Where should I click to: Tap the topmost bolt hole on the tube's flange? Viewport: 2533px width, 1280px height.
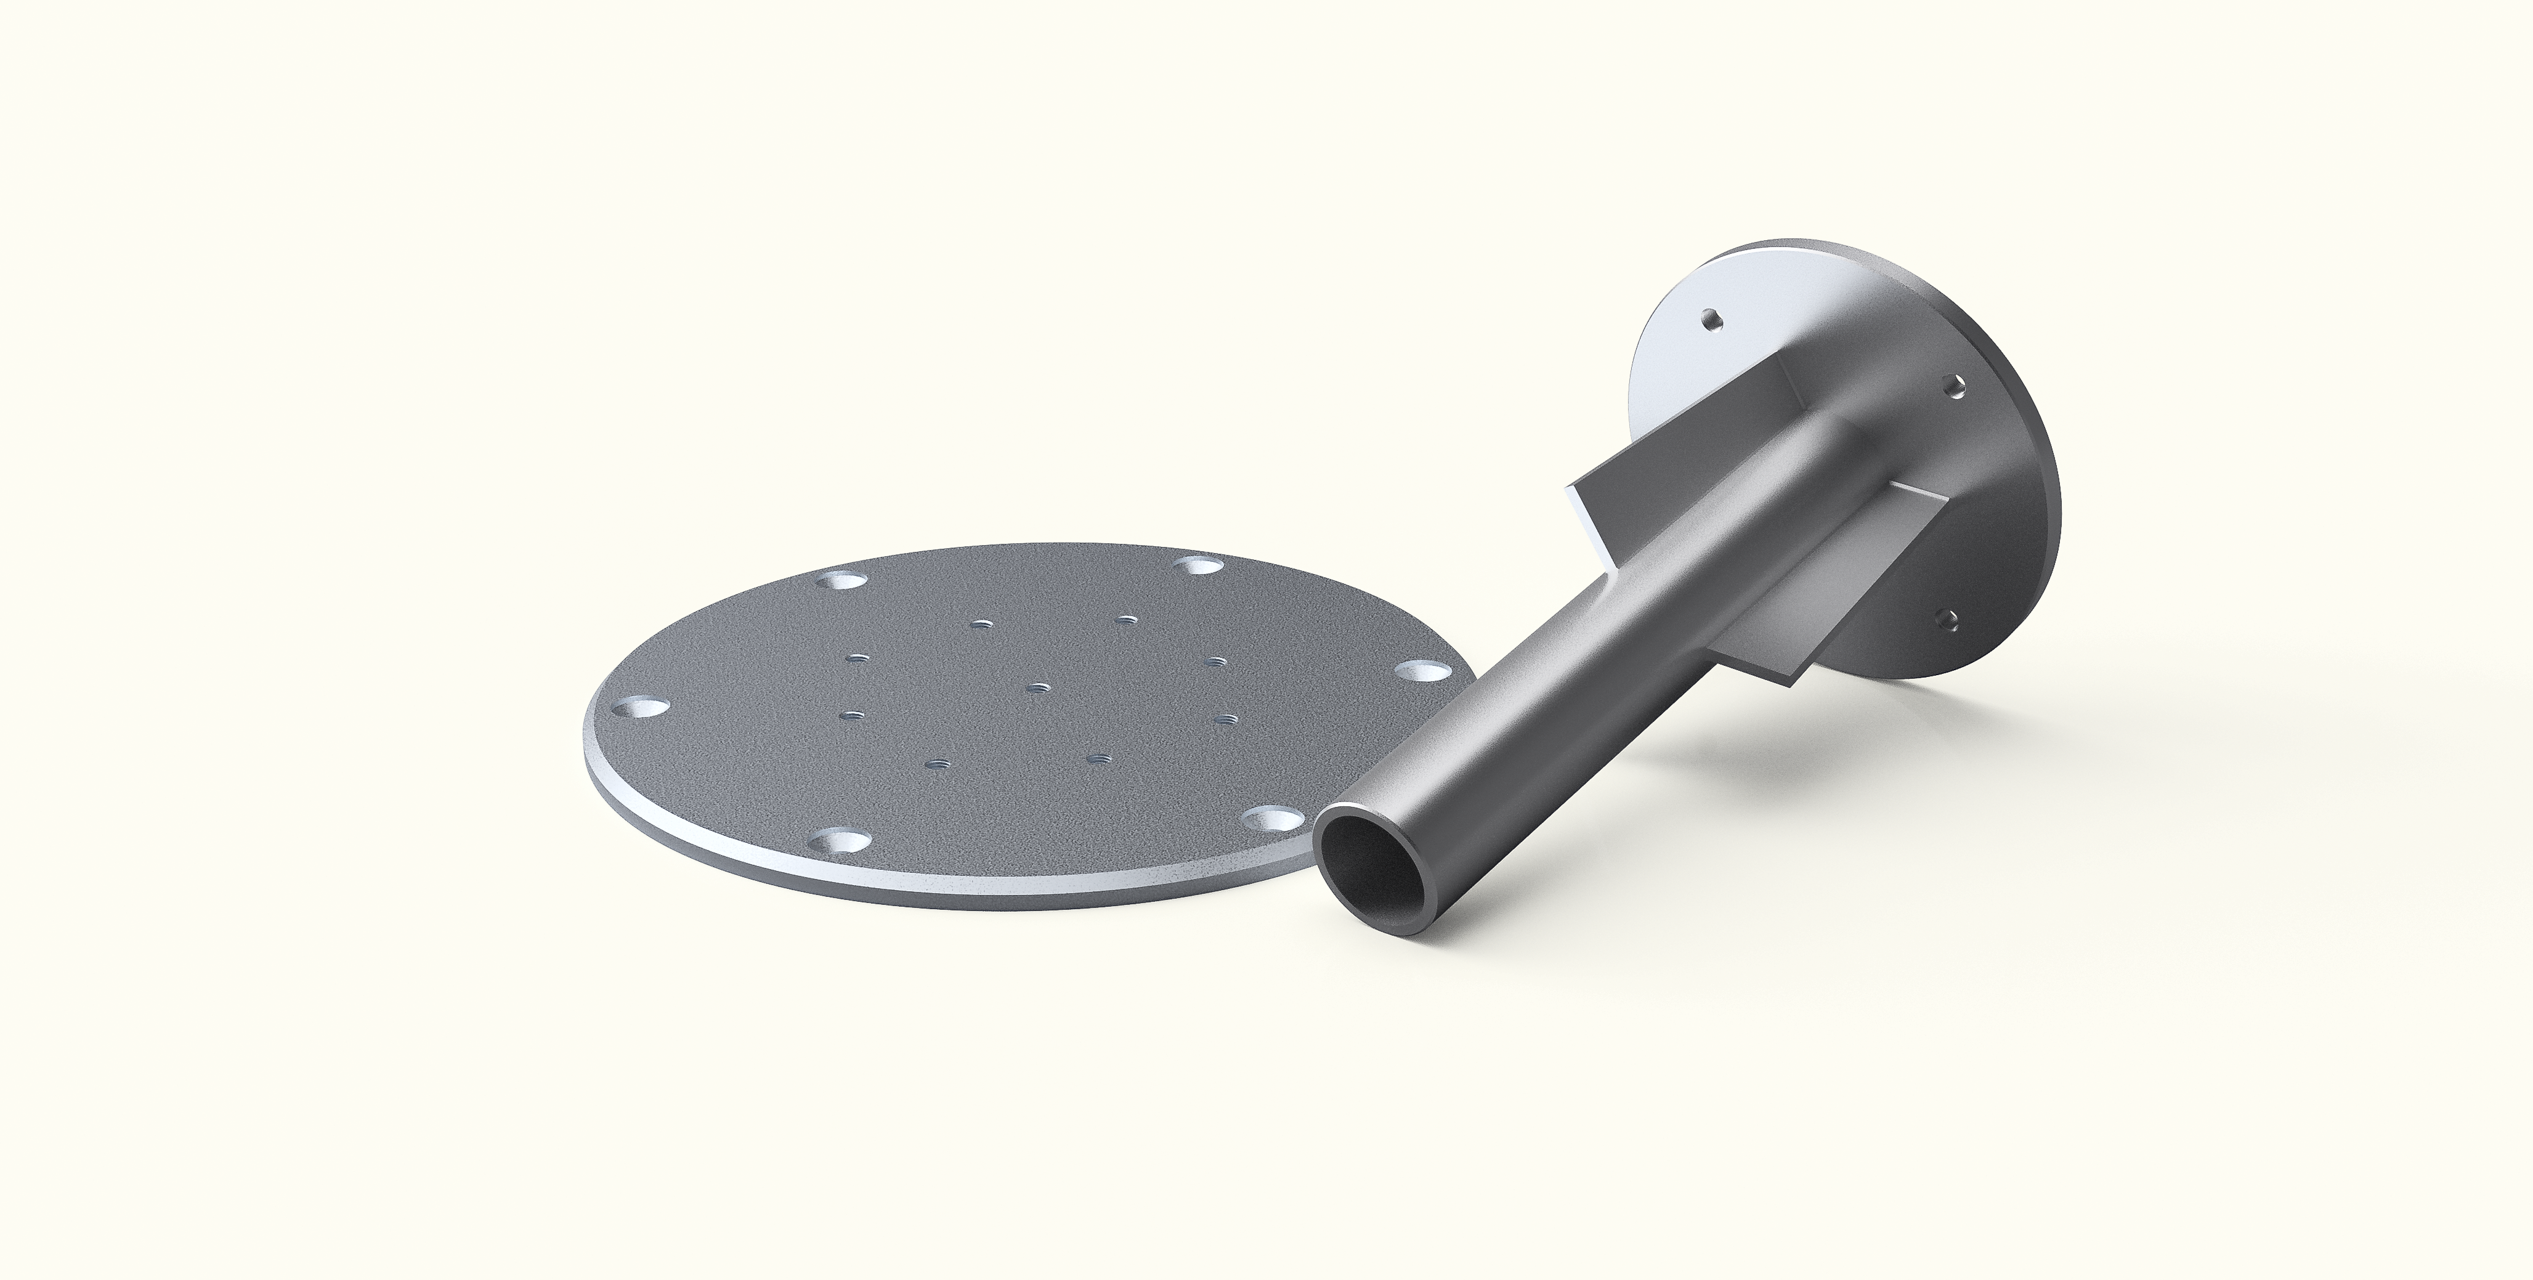[x=1711, y=320]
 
